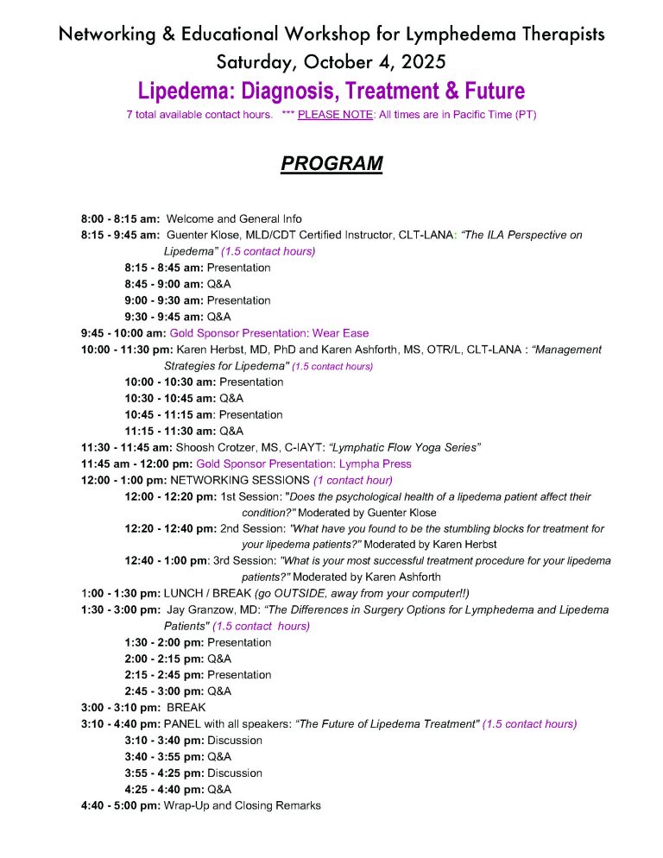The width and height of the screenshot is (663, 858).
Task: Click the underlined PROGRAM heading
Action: pyautogui.click(x=331, y=164)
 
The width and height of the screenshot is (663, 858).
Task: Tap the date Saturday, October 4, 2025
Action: pyautogui.click(x=331, y=62)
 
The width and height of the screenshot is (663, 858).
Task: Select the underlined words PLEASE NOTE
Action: pyautogui.click(x=335, y=115)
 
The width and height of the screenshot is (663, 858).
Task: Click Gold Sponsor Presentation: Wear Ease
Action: pyautogui.click(x=269, y=333)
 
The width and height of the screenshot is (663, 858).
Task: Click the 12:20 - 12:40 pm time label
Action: pyautogui.click(x=171, y=528)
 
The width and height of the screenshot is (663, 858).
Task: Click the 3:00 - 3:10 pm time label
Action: pyautogui.click(x=120, y=708)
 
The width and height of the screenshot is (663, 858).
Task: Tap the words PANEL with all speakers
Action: pyautogui.click(x=228, y=724)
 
